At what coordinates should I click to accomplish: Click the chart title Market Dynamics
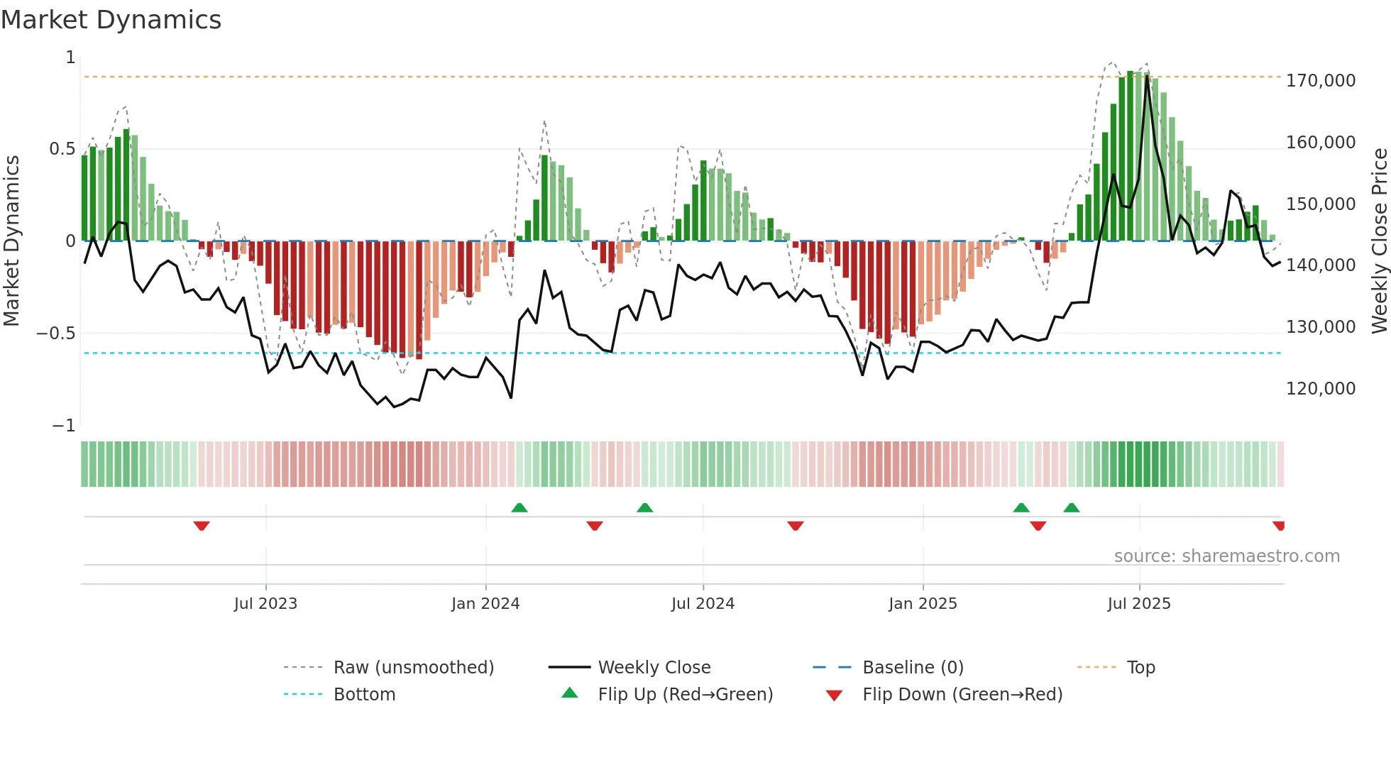click(x=111, y=20)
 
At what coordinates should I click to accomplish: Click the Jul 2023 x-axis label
click(x=265, y=604)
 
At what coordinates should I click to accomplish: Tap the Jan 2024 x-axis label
click(x=485, y=604)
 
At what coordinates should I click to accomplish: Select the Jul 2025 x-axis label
click(x=1139, y=604)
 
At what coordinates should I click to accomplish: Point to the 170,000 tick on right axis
click(x=1321, y=81)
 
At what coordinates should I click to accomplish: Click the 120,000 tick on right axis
click(x=1321, y=389)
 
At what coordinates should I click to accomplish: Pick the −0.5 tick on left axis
click(x=56, y=334)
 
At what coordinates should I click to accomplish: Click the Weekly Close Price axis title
click(x=1379, y=241)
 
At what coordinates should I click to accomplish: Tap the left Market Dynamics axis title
click(x=11, y=241)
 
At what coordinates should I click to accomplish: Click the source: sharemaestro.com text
click(x=1226, y=556)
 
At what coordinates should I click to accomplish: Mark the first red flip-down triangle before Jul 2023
click(x=202, y=526)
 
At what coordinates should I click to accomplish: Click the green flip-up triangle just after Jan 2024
click(x=519, y=507)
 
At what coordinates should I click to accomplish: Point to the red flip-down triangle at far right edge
click(x=1279, y=526)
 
